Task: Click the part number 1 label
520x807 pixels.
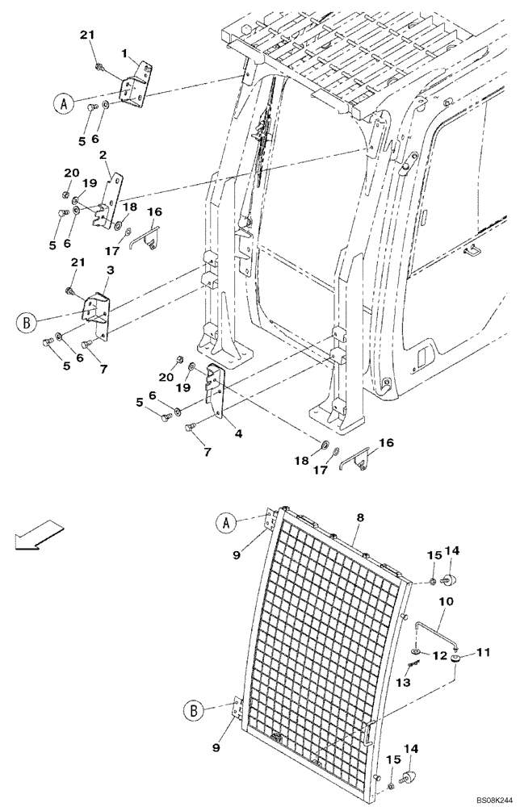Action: pos(124,53)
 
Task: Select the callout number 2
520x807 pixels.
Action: pos(103,155)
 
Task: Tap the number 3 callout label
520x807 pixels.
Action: pos(110,270)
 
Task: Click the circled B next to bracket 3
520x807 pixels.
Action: pos(26,324)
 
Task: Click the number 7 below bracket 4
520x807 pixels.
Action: pos(208,452)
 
